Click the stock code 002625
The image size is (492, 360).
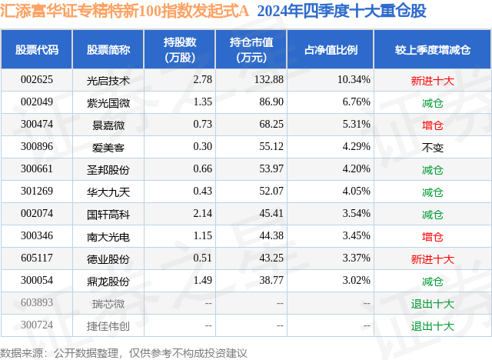37,79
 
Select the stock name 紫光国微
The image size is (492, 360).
108,102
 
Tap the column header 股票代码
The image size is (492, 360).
37,49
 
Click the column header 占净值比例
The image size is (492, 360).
336,49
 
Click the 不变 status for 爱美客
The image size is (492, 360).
433,146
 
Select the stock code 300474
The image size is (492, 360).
37,124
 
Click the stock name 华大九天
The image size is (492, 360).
108,192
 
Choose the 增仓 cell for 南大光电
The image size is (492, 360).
433,236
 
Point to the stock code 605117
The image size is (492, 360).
37,258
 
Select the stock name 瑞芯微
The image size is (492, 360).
108,303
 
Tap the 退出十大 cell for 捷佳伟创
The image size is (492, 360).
433,325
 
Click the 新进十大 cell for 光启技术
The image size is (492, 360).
433,79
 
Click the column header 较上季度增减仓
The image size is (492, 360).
433,49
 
